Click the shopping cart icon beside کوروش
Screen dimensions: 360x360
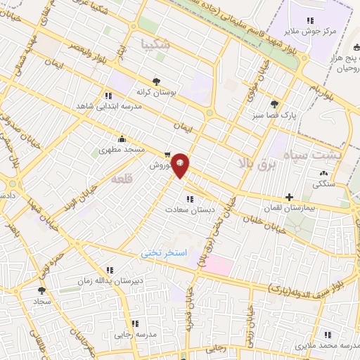pos(167,155)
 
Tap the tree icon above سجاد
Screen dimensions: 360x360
pos(41,289)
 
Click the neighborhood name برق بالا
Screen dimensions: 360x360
pos(250,163)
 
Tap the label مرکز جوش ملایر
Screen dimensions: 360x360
pos(330,31)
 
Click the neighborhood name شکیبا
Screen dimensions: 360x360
pos(154,44)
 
